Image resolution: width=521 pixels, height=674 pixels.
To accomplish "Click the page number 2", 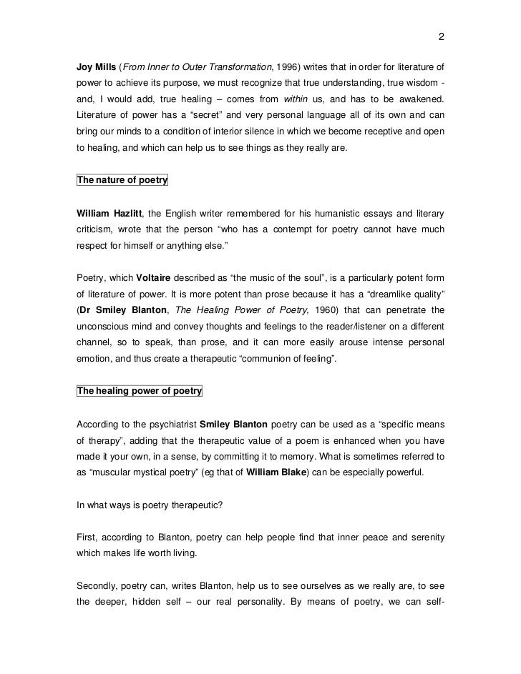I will pyautogui.click(x=442, y=38).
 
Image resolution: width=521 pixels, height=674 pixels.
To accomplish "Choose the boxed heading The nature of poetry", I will pyautogui.click(x=122, y=180).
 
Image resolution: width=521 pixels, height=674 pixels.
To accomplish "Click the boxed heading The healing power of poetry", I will pyautogui.click(x=139, y=391).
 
